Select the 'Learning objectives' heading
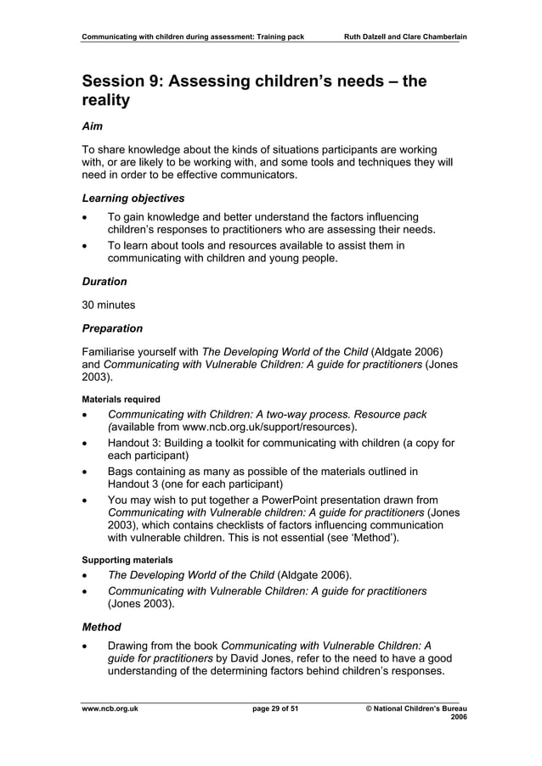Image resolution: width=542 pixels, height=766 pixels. point(133,198)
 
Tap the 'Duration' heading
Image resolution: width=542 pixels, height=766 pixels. point(104,281)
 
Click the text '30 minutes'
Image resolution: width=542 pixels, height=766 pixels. point(109,305)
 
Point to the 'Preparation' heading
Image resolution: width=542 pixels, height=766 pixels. point(112,328)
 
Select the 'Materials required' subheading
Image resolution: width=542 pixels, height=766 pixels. point(121,398)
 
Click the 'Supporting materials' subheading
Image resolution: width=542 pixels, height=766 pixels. point(127,560)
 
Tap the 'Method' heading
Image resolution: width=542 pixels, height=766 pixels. point(101,627)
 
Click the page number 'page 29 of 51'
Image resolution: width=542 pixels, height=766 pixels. point(270,708)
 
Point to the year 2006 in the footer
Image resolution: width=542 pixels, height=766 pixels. point(458,718)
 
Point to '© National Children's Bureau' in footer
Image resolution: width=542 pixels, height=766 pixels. point(409,708)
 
